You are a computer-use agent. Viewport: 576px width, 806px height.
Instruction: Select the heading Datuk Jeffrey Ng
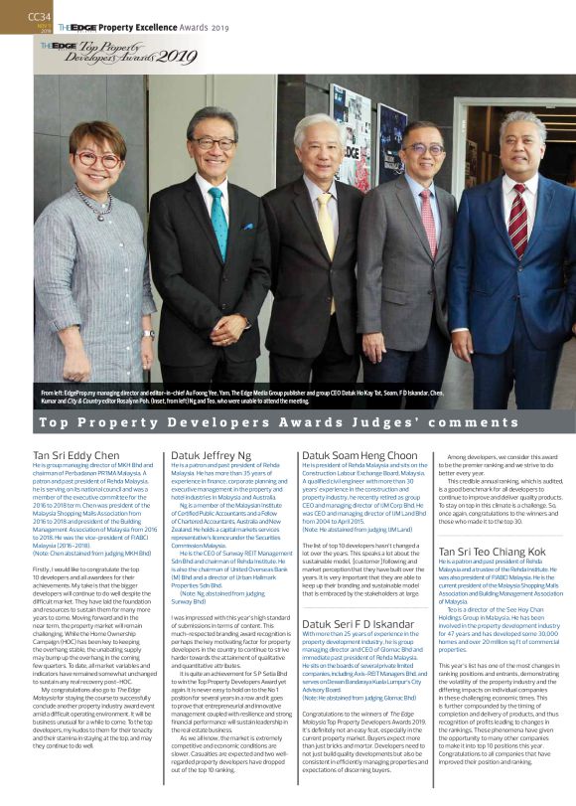(x=211, y=455)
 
